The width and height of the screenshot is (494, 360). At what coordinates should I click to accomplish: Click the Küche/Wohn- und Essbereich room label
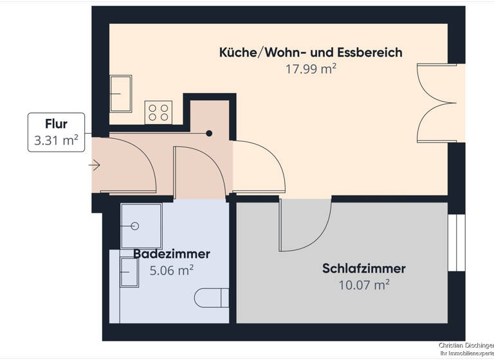311,53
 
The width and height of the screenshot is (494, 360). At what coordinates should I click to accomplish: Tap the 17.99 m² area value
311,69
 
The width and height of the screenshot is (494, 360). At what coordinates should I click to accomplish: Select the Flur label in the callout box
56,123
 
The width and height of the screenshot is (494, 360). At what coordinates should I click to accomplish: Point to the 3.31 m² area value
56,141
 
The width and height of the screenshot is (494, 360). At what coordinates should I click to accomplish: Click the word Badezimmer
172,254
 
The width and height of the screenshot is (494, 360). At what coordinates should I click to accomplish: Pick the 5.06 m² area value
172,271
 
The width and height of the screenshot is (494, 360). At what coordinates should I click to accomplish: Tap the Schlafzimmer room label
364,268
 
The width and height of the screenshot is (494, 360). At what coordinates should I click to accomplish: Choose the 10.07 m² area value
364,284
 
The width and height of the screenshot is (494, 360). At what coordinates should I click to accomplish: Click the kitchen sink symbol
120,94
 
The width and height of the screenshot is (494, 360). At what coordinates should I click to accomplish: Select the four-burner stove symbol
159,112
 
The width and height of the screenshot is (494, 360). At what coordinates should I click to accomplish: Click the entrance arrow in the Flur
95,166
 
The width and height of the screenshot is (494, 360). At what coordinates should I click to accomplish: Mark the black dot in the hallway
209,134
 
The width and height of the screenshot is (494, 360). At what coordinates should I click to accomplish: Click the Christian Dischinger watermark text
466,345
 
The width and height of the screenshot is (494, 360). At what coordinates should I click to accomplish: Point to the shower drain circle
135,226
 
